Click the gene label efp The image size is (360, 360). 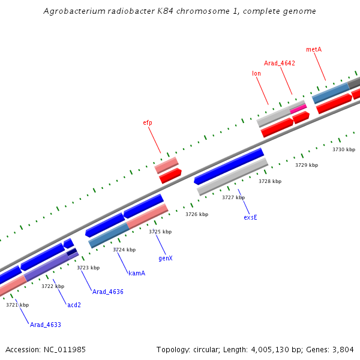click(148, 122)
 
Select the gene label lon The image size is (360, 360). click(256, 73)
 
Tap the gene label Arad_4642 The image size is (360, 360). click(280, 63)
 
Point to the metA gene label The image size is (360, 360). click(314, 49)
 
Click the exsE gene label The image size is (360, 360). click(250, 217)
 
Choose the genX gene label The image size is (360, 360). click(166, 258)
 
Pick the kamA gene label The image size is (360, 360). click(137, 273)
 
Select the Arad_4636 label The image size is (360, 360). click(108, 292)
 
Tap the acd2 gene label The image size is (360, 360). click(74, 305)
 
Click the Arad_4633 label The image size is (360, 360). click(46, 325)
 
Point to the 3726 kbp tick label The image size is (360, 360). click(197, 214)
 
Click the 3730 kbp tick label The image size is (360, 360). click(344, 149)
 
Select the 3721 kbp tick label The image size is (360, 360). click(17, 305)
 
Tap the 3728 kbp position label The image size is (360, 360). click(270, 181)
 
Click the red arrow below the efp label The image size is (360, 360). click(170, 175)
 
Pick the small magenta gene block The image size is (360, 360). click(298, 108)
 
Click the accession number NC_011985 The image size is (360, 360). click(64, 349)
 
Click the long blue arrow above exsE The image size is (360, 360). click(229, 166)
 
